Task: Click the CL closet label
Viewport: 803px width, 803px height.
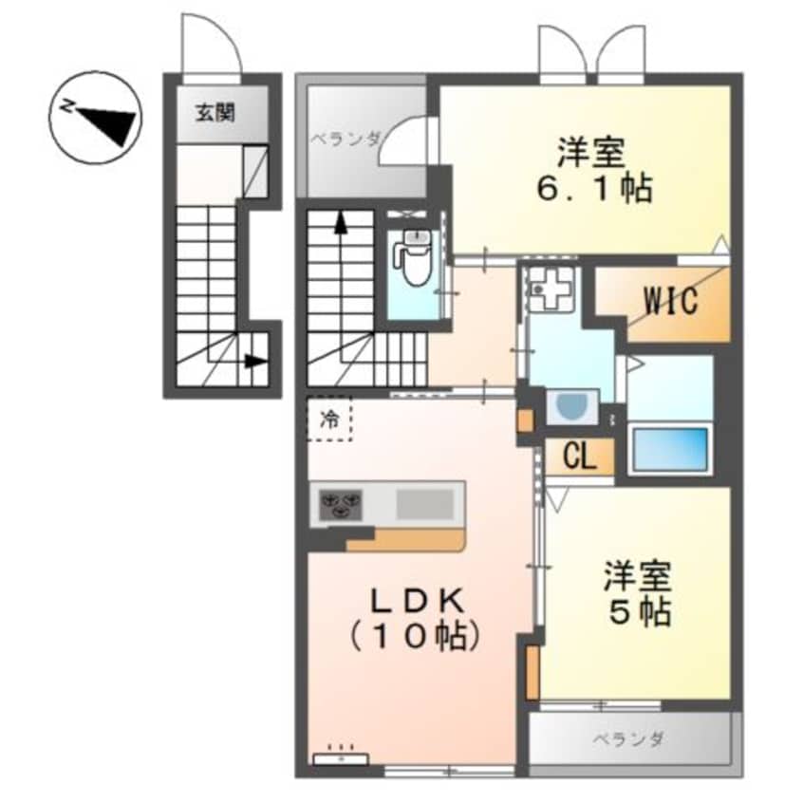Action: click(x=579, y=458)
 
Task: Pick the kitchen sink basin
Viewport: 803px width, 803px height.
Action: click(x=423, y=503)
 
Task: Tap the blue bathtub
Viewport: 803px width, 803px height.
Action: click(x=670, y=449)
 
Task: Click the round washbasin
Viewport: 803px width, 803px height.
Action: click(x=573, y=409)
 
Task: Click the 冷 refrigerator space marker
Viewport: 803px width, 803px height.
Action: click(x=328, y=419)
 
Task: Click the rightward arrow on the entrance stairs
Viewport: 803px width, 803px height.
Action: click(x=251, y=361)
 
